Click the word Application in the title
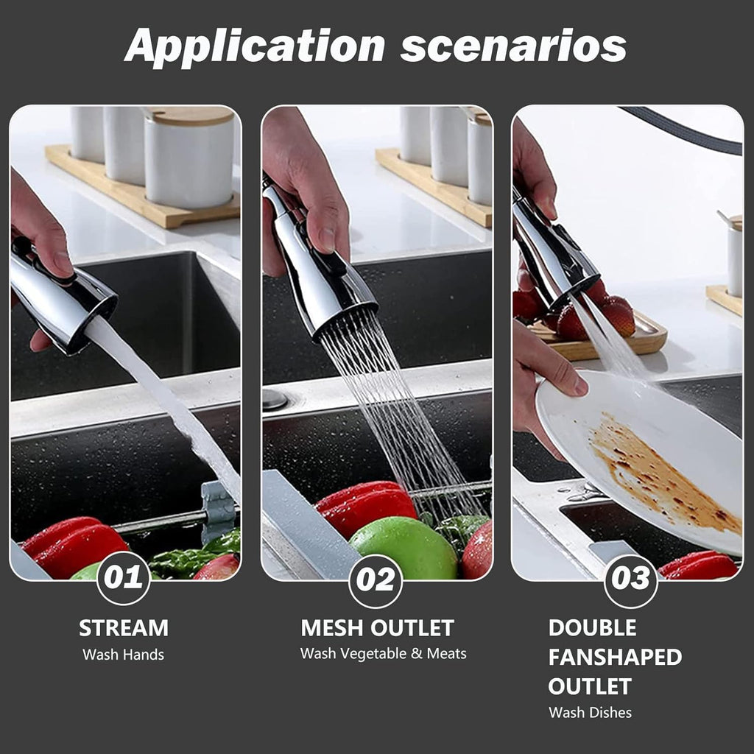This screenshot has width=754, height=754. (x=255, y=46)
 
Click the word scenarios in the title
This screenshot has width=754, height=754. (x=513, y=46)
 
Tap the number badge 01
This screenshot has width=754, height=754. (x=124, y=577)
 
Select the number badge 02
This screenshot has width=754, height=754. (x=376, y=581)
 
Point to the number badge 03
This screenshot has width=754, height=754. (x=630, y=581)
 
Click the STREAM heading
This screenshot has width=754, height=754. (x=124, y=628)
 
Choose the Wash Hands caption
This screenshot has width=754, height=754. (x=123, y=655)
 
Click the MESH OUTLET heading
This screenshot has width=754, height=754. (x=378, y=628)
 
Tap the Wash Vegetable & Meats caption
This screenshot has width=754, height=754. (x=383, y=654)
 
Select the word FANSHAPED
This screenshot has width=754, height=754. (x=615, y=658)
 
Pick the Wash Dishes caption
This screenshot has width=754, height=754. (x=590, y=712)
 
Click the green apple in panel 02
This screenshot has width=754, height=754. (x=403, y=548)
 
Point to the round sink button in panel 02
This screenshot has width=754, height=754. (x=275, y=399)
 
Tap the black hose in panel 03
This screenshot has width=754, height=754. (x=683, y=130)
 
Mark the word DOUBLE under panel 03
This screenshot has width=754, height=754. (x=593, y=628)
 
